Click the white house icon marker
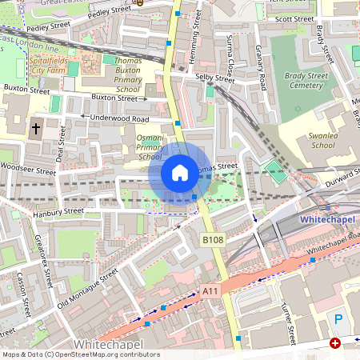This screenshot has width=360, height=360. point(180,172)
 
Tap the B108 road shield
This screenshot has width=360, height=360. point(212,240)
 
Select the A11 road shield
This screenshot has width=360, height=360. point(210,290)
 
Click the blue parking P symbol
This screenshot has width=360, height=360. point(338,318)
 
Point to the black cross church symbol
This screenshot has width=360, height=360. point(36,128)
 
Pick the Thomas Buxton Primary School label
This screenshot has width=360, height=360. point(117,75)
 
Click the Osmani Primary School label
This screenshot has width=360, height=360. point(150,147)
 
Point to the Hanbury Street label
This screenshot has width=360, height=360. point(58,212)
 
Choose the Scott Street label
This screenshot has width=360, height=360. point(294,18)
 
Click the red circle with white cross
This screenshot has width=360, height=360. point(334,343)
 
